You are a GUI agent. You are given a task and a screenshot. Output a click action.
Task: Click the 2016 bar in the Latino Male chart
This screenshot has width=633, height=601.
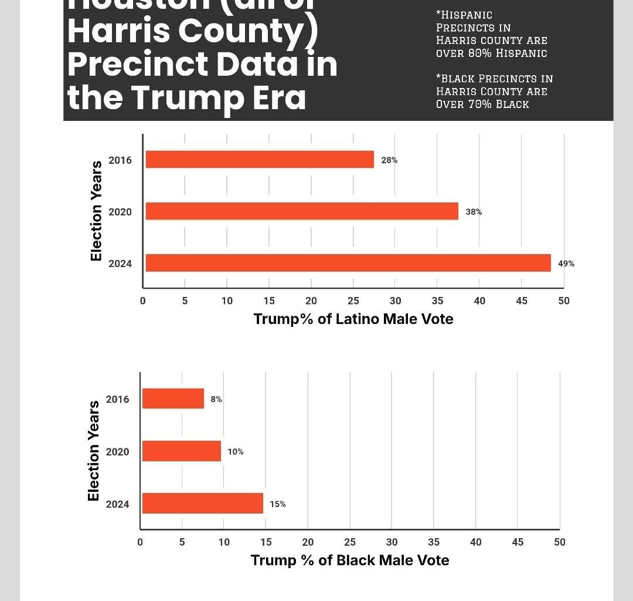260,160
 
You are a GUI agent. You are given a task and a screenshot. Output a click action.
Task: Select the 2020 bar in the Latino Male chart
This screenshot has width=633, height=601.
302,211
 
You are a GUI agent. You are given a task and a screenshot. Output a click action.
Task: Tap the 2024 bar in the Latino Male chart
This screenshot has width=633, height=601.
348,263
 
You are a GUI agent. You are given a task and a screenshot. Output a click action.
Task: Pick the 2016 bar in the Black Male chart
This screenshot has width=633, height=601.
173,399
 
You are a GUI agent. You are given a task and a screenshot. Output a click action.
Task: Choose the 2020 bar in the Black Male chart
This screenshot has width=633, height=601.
182,451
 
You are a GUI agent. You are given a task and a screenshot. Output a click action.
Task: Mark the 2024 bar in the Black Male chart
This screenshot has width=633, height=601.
203,504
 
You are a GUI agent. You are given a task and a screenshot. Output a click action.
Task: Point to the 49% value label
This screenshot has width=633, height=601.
566,264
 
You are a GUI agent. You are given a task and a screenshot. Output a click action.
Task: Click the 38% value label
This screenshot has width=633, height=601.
474,212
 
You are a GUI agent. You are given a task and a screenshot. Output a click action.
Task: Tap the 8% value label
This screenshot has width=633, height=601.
216,399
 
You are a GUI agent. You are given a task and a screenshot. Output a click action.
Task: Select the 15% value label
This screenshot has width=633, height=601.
278,504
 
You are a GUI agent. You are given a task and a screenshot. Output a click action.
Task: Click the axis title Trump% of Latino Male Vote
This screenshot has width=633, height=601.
353,319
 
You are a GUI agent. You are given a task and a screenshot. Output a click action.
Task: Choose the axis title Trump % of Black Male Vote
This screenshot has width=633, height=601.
350,560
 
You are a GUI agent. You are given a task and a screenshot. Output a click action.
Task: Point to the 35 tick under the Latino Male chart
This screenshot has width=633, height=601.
437,300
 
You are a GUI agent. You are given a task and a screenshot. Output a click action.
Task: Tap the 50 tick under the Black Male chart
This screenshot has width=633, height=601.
560,542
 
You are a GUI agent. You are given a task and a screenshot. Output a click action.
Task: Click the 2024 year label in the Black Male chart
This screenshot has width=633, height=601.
117,504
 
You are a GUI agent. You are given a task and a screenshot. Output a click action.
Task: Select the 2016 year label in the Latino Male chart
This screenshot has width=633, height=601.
120,160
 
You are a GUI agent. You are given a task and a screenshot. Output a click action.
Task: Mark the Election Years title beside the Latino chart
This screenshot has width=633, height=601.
96,211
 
